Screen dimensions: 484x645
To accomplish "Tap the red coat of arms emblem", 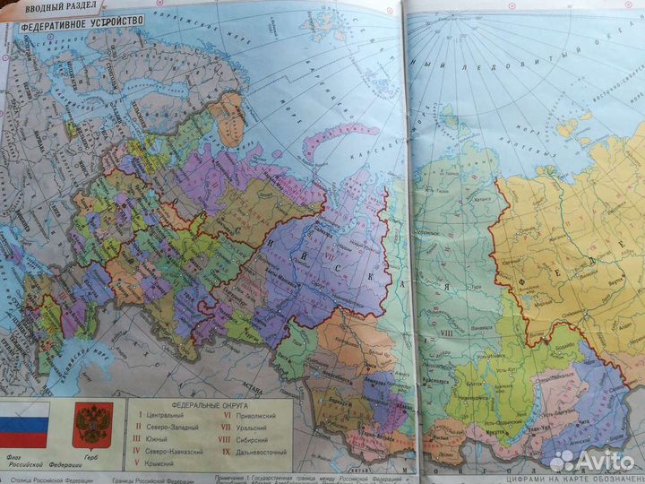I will coord(91,425).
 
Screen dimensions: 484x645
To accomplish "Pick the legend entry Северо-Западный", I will coord(171,427).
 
